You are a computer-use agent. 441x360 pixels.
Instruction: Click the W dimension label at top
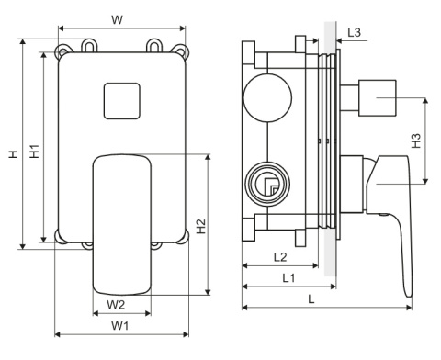[x=117, y=20]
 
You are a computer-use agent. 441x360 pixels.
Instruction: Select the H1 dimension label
[x=35, y=152]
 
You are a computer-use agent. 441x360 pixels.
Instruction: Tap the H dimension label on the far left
[x=14, y=154]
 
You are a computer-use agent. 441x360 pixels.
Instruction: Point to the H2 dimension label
[x=201, y=226]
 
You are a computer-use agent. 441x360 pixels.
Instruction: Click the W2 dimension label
[x=116, y=305]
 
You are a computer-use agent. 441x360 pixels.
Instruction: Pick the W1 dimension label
[x=119, y=326]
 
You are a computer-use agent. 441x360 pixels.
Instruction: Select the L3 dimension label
[x=355, y=32]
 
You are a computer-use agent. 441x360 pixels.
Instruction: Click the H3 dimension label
[x=416, y=141]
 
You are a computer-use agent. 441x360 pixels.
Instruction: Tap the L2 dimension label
[x=280, y=257]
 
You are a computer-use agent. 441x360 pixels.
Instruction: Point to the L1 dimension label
[x=288, y=278]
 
